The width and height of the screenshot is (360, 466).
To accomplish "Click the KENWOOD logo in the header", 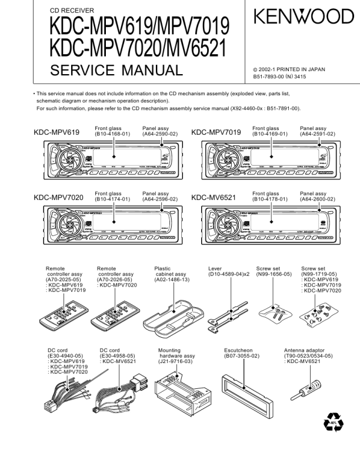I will [x=303, y=17].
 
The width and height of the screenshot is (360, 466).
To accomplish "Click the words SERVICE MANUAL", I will [x=116, y=71].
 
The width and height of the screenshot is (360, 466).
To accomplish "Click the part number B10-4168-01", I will [x=112, y=134].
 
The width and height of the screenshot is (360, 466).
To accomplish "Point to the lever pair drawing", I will [x=227, y=312].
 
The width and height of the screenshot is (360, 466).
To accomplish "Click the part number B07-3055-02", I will [x=241, y=356].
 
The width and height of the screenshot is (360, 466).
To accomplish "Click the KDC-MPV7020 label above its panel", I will [x=58, y=197].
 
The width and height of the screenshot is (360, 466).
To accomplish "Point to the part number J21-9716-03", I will [x=175, y=362].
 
